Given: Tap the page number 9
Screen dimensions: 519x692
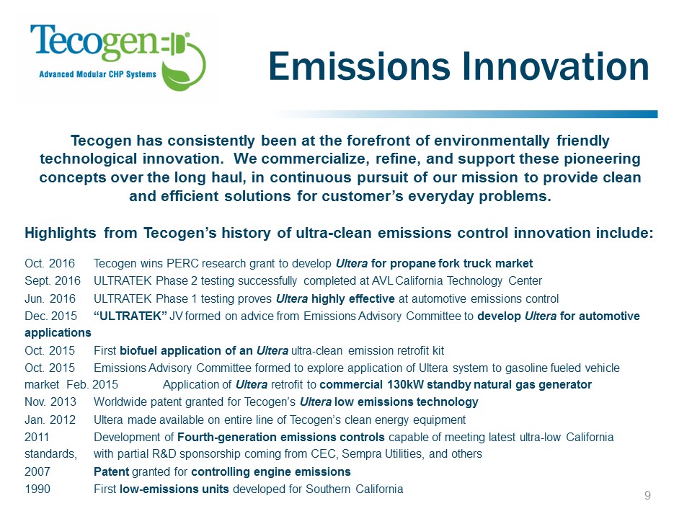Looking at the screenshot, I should (647, 494).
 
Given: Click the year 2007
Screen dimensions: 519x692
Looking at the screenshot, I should (37, 471).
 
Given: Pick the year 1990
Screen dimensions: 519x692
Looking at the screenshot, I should (37, 489).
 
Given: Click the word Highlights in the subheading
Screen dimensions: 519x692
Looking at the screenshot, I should (61, 233).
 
